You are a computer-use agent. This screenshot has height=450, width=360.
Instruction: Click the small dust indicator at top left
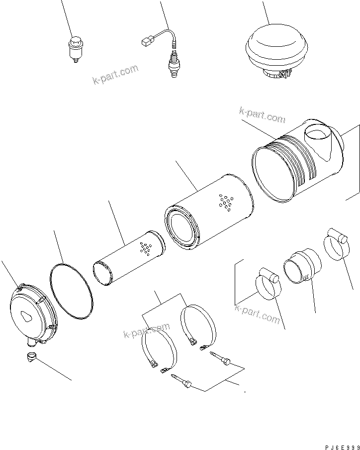click(75, 49)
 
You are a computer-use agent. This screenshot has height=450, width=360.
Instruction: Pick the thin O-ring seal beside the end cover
click(72, 291)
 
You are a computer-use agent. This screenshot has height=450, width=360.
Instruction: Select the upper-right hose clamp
click(335, 243)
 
